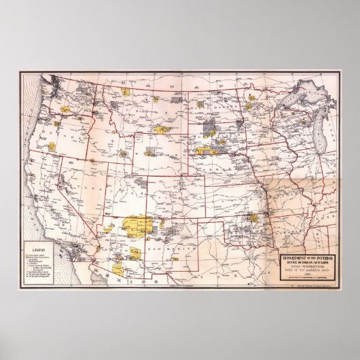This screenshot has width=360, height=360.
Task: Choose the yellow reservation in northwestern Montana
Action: tap(126, 90)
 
